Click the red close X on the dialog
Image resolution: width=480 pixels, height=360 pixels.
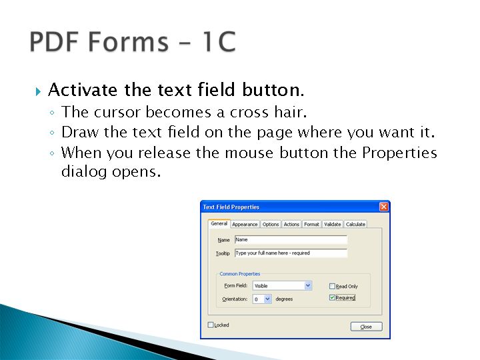pyautogui.click(x=384, y=207)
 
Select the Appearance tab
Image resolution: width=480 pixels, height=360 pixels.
pyautogui.click(x=245, y=224)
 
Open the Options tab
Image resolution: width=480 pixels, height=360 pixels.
pyautogui.click(x=271, y=224)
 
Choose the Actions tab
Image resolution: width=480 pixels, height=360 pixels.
pyautogui.click(x=291, y=224)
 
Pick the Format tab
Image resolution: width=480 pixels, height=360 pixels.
pyautogui.click(x=311, y=224)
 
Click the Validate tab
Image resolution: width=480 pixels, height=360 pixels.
pyautogui.click(x=333, y=224)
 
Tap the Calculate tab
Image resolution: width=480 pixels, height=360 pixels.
pyautogui.click(x=355, y=224)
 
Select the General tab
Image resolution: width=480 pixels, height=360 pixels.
pyautogui.click(x=219, y=223)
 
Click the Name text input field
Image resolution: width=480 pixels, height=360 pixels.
pyautogui.click(x=291, y=240)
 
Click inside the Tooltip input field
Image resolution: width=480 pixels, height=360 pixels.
pyautogui.click(x=291, y=253)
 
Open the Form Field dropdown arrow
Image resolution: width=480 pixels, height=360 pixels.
pyautogui.click(x=308, y=285)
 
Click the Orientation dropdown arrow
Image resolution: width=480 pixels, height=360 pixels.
pyautogui.click(x=267, y=299)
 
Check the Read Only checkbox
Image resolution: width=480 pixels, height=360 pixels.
pyautogui.click(x=332, y=286)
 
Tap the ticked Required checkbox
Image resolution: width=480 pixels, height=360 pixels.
pyautogui.click(x=332, y=297)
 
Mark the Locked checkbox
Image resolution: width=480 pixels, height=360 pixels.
pyautogui.click(x=211, y=325)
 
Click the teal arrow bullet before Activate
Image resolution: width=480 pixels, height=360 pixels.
pyautogui.click(x=38, y=91)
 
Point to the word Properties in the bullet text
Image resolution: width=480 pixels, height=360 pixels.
pyautogui.click(x=399, y=153)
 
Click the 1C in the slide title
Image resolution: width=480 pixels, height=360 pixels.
pyautogui.click(x=219, y=41)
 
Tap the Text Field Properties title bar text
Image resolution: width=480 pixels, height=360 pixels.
pyautogui.click(x=231, y=207)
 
